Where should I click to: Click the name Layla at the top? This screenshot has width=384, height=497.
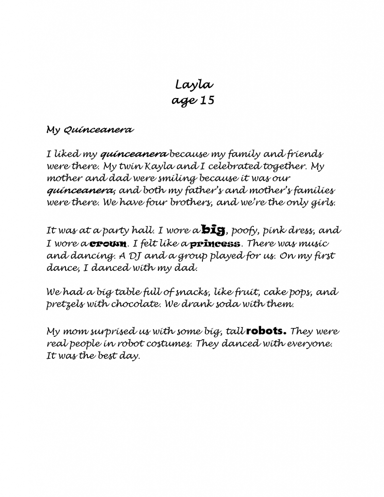[194, 85]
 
